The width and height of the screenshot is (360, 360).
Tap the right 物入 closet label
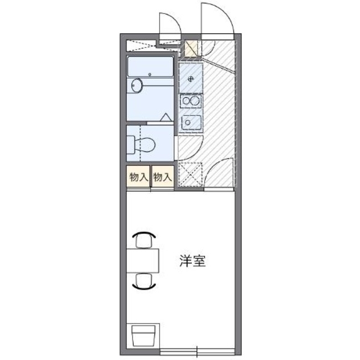tap(162, 177)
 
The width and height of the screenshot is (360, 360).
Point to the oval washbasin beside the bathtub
tap(137, 86)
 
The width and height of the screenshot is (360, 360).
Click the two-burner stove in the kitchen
tap(191, 101)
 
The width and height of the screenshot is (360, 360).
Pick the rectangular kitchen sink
tap(191, 122)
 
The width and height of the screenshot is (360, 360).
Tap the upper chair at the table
tap(145, 241)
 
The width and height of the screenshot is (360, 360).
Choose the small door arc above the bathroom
tap(169, 25)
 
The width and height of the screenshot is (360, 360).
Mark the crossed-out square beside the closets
tap(190, 174)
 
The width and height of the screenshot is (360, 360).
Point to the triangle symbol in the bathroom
tap(166, 118)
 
